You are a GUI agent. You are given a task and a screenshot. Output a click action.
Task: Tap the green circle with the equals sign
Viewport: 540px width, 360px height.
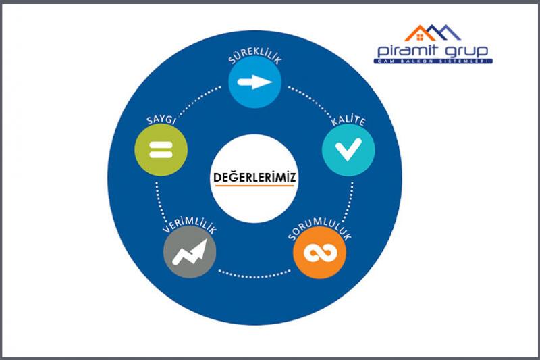(x=160, y=149)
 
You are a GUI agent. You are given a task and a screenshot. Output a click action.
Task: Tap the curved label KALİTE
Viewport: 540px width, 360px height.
(x=348, y=122)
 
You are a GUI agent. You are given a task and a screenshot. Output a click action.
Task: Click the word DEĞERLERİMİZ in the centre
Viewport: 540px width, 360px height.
(x=254, y=177)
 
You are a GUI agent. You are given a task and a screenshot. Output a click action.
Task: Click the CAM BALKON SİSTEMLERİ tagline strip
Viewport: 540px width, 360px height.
(x=433, y=63)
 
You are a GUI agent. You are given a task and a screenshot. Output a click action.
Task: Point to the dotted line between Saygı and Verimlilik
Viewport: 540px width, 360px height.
(x=157, y=203)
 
